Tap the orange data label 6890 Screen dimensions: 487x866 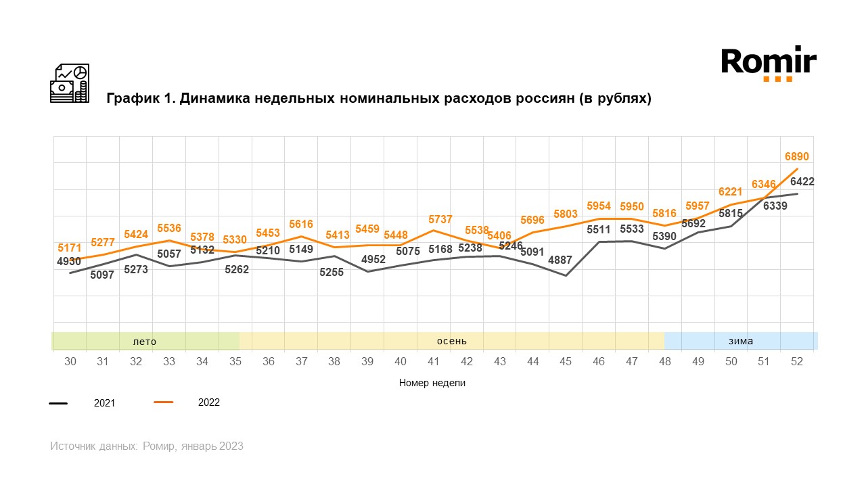click(796, 157)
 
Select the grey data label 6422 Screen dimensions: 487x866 click(802, 181)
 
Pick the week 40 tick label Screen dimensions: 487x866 click(401, 362)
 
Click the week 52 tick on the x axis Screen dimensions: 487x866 click(796, 362)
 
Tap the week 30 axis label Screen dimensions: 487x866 click(70, 362)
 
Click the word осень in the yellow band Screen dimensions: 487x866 click(451, 341)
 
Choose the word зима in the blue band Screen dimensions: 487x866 click(741, 341)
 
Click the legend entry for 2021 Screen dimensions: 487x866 click(104, 403)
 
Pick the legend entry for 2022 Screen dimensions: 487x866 click(208, 402)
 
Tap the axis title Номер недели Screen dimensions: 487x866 click(432, 383)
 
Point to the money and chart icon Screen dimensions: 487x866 click(69, 84)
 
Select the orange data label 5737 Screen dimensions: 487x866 click(441, 219)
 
